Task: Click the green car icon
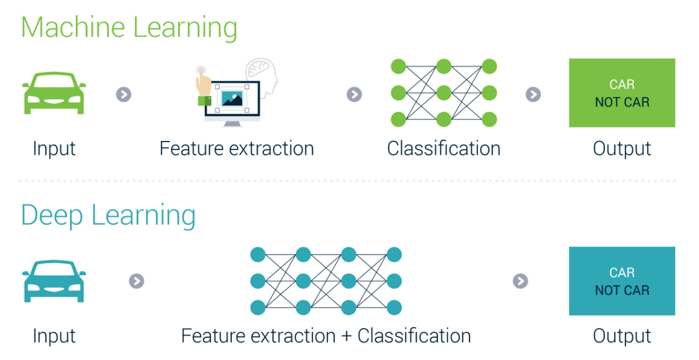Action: pyautogui.click(x=54, y=93)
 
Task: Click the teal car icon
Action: pyautogui.click(x=54, y=281)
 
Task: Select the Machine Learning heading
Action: pyautogui.click(x=129, y=28)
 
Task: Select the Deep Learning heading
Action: pyautogui.click(x=109, y=216)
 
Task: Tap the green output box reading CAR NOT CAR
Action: pyautogui.click(x=622, y=93)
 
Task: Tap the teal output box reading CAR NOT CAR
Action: pyautogui.click(x=622, y=281)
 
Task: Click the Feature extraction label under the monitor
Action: pyautogui.click(x=237, y=149)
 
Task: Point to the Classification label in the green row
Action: pyautogui.click(x=443, y=149)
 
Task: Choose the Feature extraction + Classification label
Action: pyautogui.click(x=326, y=336)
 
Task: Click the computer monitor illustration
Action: pyautogui.click(x=232, y=100)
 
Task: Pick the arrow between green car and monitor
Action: pyautogui.click(x=124, y=94)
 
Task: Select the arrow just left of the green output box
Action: pyautogui.click(x=533, y=94)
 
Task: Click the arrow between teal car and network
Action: pyautogui.click(x=136, y=281)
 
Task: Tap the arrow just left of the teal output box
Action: pyautogui.click(x=520, y=281)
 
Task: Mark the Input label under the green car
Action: pyautogui.click(x=54, y=149)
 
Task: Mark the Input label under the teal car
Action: pyautogui.click(x=54, y=336)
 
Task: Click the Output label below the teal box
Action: pyautogui.click(x=622, y=336)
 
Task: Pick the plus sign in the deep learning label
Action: pyautogui.click(x=346, y=337)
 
